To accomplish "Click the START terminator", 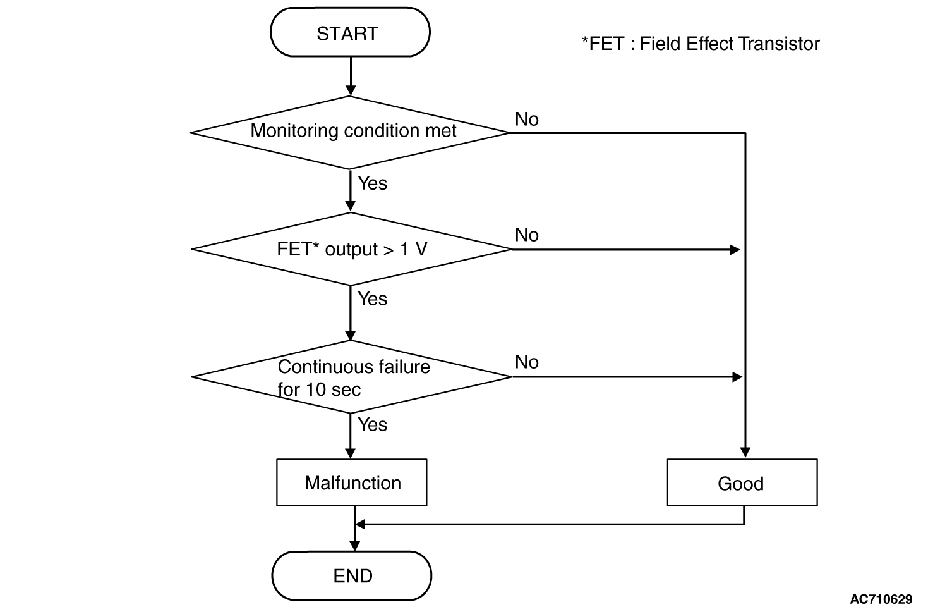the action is tap(350, 32).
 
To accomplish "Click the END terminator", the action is tap(352, 575).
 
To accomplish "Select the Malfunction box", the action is tap(352, 482).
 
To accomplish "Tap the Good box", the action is tap(742, 482).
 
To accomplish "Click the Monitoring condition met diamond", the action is tap(350, 133).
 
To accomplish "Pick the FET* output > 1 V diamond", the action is tap(351, 249).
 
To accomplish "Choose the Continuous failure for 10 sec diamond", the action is tap(351, 377).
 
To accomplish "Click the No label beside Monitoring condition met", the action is tap(527, 120).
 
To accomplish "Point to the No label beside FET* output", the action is tap(527, 235).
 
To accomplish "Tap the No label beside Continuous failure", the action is tap(527, 362).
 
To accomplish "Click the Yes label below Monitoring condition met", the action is tap(372, 183).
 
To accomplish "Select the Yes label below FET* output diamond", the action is tap(372, 298).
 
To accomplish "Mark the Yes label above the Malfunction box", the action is tap(372, 424).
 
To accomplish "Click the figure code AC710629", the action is tap(881, 599).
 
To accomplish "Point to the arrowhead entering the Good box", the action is tap(745, 453).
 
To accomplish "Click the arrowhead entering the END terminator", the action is tap(354, 546).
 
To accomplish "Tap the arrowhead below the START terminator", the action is tap(351, 91).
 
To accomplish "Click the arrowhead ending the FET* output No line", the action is tap(735, 250).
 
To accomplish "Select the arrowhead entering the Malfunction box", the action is tap(351, 453).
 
